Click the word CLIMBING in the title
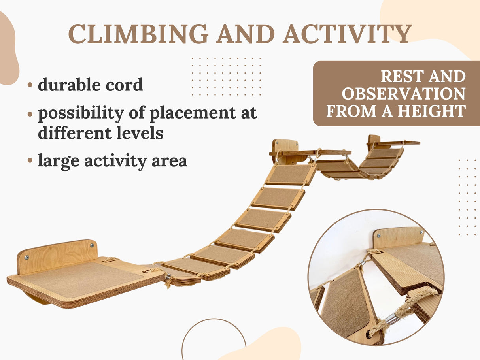point(138,34)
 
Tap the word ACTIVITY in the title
point(347,34)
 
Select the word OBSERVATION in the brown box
point(403,94)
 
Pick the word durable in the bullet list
point(70,85)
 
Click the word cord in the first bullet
point(124,85)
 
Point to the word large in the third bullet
point(59,161)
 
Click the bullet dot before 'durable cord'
point(30,85)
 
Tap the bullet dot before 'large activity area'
point(30,160)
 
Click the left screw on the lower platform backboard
point(26,258)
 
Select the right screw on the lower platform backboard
point(92,245)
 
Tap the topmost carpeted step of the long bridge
point(290,174)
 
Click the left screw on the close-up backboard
point(378,236)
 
